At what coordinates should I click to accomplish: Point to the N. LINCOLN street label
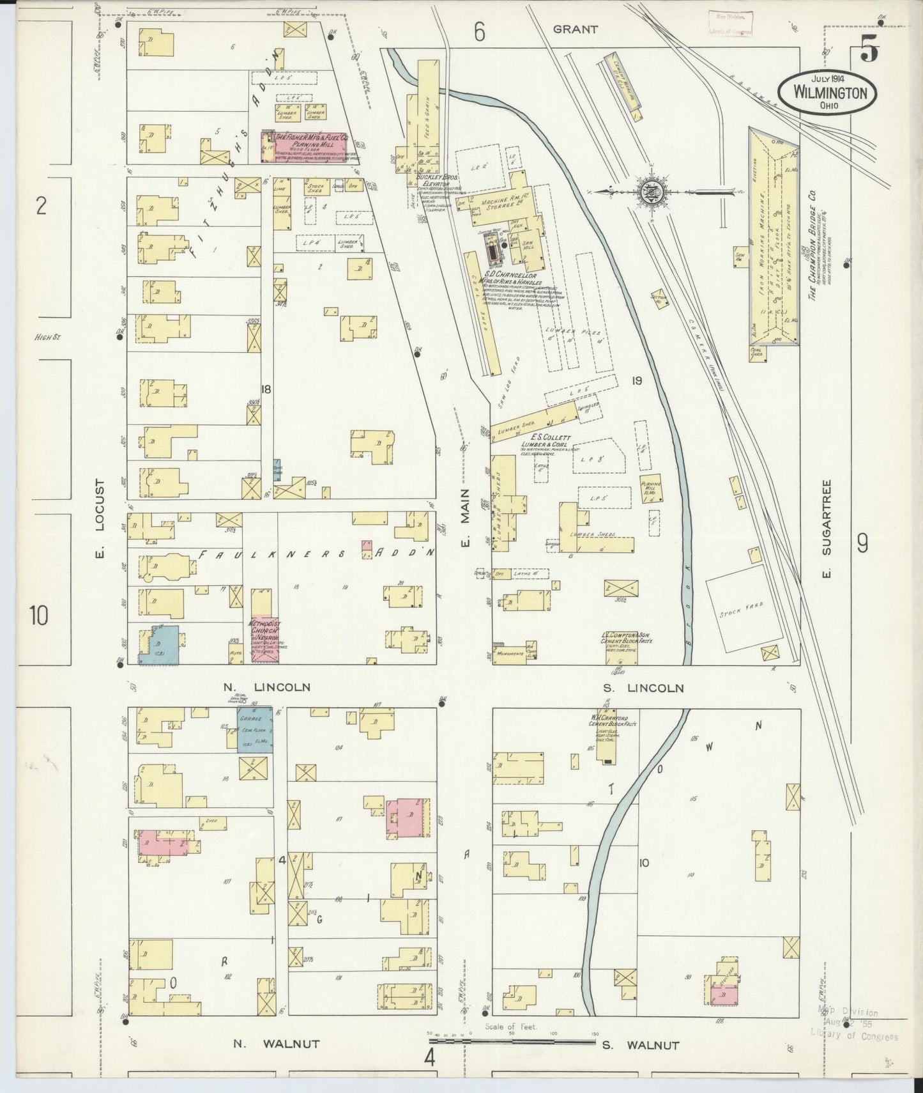click(x=267, y=687)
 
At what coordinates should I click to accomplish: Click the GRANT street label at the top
click(x=576, y=29)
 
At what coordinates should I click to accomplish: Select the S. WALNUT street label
click(x=640, y=1045)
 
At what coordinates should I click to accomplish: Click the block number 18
click(x=266, y=389)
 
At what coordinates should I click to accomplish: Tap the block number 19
click(x=636, y=382)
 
